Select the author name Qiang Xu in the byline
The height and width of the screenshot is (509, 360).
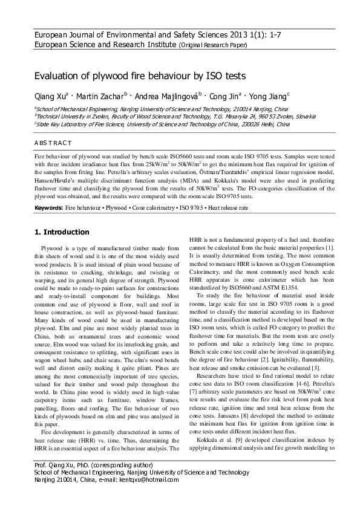click(x=50, y=96)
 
